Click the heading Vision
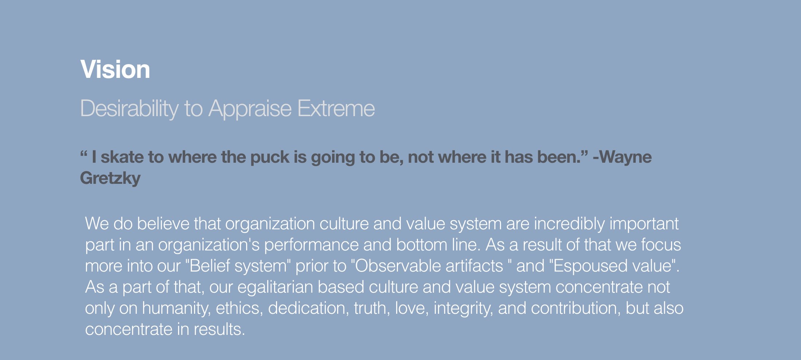[115, 69]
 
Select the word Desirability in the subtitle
[129, 108]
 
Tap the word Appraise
[250, 108]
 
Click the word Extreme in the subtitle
[336, 108]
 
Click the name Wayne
[626, 157]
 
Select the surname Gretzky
[110, 178]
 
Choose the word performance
[311, 245]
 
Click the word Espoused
[590, 266]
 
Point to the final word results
[219, 329]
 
